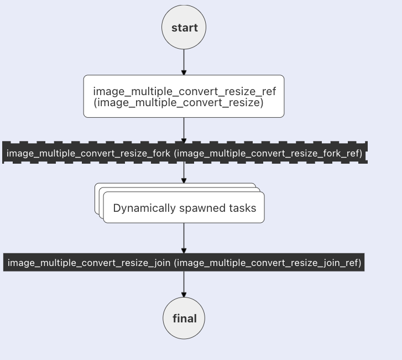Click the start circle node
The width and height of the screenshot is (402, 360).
pyautogui.click(x=184, y=27)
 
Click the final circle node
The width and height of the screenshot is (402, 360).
pyautogui.click(x=184, y=318)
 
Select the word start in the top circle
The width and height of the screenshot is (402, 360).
pyautogui.click(x=185, y=28)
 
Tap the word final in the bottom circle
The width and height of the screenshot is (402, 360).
pyautogui.click(x=185, y=319)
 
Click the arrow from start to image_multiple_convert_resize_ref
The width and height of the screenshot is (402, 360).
pyautogui.click(x=184, y=62)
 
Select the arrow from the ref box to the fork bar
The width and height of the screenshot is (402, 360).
pyautogui.click(x=184, y=131)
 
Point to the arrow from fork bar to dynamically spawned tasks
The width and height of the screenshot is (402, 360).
pyautogui.click(x=184, y=173)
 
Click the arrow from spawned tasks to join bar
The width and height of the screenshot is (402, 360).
pyautogui.click(x=184, y=238)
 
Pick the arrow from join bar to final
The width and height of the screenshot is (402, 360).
pyautogui.click(x=184, y=284)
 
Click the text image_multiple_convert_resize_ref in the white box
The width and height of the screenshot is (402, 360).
pyautogui.click(x=184, y=91)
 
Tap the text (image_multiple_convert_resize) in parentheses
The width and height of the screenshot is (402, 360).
pyautogui.click(x=179, y=102)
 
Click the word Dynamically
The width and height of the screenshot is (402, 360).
pyautogui.click(x=144, y=208)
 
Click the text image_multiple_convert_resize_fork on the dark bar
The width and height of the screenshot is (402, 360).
pyautogui.click(x=88, y=153)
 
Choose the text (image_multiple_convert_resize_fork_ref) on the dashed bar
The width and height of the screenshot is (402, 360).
pyautogui.click(x=268, y=153)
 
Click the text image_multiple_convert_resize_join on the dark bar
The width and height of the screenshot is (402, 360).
pyautogui.click(x=89, y=263)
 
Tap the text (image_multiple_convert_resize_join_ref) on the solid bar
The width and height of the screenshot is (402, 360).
pyautogui.click(x=268, y=263)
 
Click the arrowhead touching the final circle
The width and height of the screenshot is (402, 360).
pyautogui.click(x=184, y=295)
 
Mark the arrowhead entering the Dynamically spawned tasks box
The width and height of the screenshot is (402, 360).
pyautogui.click(x=184, y=181)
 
